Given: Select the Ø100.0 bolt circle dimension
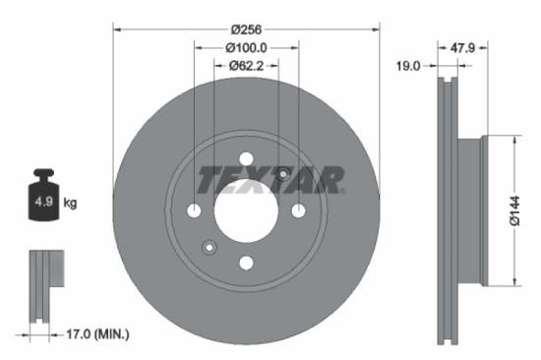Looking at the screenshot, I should pos(247,47).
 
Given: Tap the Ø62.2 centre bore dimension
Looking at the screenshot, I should pos(247,66).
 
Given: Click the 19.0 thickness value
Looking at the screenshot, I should pos(408,66).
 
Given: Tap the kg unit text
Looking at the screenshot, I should pos(70,204).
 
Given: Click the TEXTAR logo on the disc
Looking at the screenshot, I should pos(270,179).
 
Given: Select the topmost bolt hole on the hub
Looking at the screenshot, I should pos(246,158).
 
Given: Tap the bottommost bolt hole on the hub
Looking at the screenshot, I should pos(246,263).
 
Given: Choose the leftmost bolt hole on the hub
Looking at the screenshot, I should pos(194,210).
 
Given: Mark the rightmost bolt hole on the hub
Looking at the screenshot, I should pos(298,210).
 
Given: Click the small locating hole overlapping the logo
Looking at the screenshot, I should pos(283,174).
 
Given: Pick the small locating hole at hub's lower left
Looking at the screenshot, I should pos(209,247).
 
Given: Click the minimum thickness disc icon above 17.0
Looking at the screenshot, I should pos(44,285).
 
